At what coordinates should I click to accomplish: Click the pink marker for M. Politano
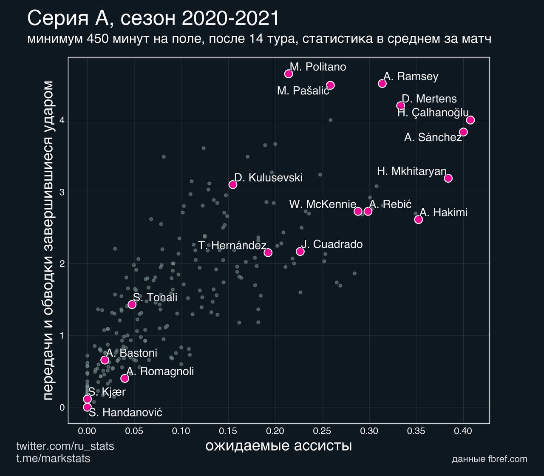click(x=289, y=74)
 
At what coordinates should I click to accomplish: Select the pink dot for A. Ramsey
click(x=382, y=83)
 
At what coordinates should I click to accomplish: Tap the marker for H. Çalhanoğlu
click(x=470, y=120)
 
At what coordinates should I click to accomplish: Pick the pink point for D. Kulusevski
click(x=232, y=184)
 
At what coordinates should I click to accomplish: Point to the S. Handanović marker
click(x=87, y=407)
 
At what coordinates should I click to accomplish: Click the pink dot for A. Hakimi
click(x=418, y=219)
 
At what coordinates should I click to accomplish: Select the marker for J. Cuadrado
click(x=300, y=252)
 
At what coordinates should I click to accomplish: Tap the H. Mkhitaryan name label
click(x=411, y=171)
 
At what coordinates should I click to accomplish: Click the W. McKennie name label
click(x=323, y=204)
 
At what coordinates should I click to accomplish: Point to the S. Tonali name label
click(x=155, y=297)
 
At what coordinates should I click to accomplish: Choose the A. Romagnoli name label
click(x=160, y=371)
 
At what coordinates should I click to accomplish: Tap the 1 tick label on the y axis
click(x=62, y=335)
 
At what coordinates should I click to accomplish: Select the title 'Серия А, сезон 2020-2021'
click(x=153, y=19)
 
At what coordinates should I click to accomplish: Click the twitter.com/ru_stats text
click(x=65, y=446)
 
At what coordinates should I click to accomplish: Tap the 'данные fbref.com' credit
click(x=490, y=459)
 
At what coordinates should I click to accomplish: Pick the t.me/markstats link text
click(x=53, y=459)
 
